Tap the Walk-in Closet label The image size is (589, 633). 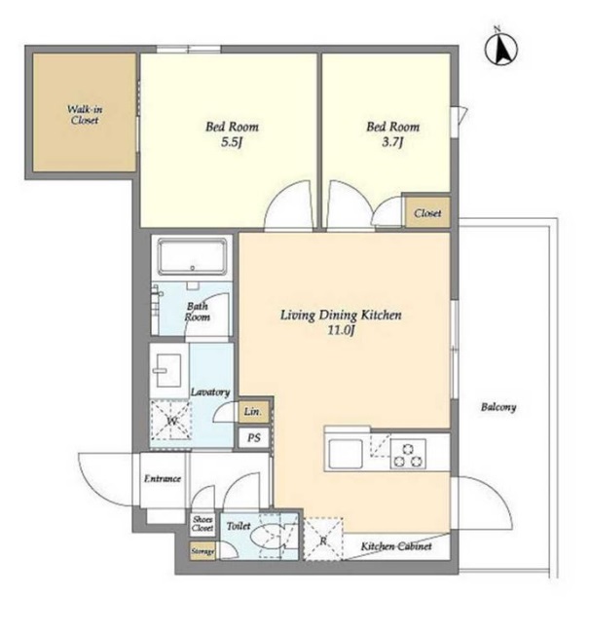point(85,115)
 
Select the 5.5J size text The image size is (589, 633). point(232,142)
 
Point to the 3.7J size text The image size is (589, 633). point(392,142)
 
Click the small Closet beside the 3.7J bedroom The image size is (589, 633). point(427,212)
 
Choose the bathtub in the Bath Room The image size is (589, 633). point(192,257)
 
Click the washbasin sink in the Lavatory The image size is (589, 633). point(168,370)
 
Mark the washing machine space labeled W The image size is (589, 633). point(170,421)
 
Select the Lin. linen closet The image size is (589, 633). point(253,412)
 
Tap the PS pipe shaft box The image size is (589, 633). point(253,437)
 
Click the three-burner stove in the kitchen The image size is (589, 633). point(408,454)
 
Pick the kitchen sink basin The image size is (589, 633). point(346,453)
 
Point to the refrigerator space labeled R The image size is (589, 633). point(322,540)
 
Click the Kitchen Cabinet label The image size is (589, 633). point(396,546)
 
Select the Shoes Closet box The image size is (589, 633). point(202,524)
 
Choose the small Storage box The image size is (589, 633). point(202,551)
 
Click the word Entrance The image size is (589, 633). point(163,479)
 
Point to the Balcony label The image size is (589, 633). point(498,407)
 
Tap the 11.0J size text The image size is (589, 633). point(341,331)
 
